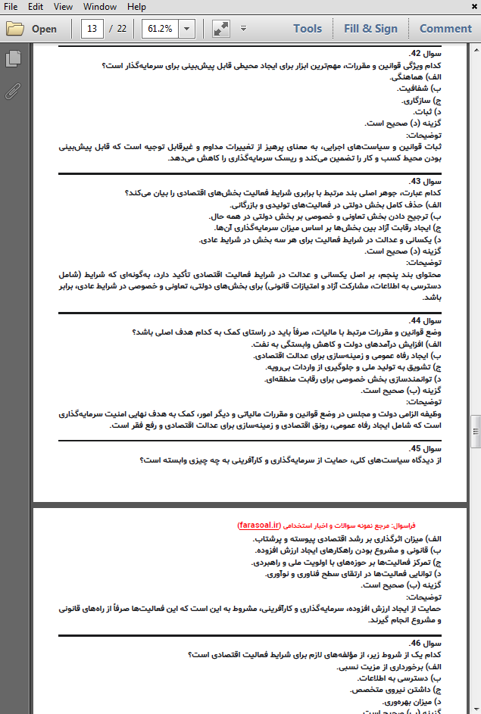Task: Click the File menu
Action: coord(11,7)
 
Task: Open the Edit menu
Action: coord(36,7)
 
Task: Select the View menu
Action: coord(64,7)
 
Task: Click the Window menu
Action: coord(100,7)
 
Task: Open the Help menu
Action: coord(137,7)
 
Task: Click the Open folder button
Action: coord(32,29)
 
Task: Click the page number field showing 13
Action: coord(93,29)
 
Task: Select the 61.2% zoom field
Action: coord(160,29)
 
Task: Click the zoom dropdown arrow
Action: coord(186,29)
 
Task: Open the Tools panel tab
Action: coord(308,29)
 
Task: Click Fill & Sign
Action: coord(370,29)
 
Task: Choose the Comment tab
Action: coord(445,29)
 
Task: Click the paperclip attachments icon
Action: coord(12,92)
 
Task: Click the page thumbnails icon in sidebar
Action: coord(12,58)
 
